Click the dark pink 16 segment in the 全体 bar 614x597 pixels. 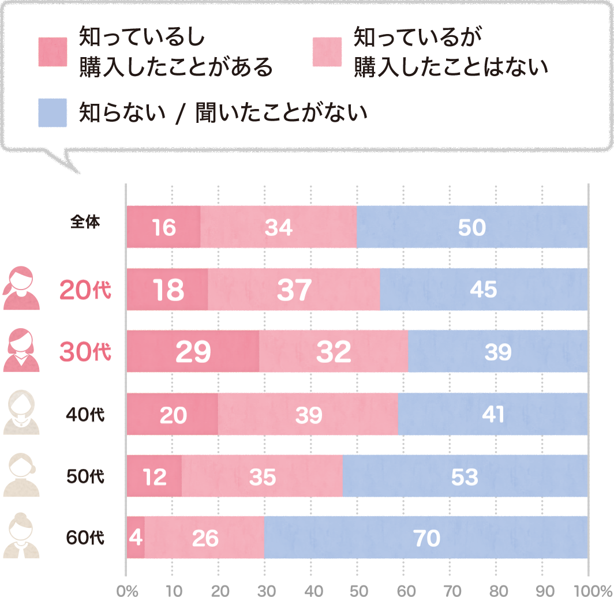point(163,227)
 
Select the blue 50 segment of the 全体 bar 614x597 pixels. point(472,227)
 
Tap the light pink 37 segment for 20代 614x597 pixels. point(294,290)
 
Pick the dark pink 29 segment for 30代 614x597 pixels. point(193,352)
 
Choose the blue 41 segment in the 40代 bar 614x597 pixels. point(492,414)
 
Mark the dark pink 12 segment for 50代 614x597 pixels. point(154,476)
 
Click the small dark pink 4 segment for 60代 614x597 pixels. point(136,538)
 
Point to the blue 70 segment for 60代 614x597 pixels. point(426,538)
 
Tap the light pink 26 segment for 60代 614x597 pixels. point(204,538)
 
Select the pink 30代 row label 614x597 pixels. point(85,352)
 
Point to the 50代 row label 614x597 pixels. point(85,477)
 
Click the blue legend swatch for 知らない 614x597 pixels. point(53,112)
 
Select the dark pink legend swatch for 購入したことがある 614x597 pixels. point(53,52)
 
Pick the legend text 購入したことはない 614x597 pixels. point(450,68)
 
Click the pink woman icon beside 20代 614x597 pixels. point(21,288)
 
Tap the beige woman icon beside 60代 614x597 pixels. point(21,536)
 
